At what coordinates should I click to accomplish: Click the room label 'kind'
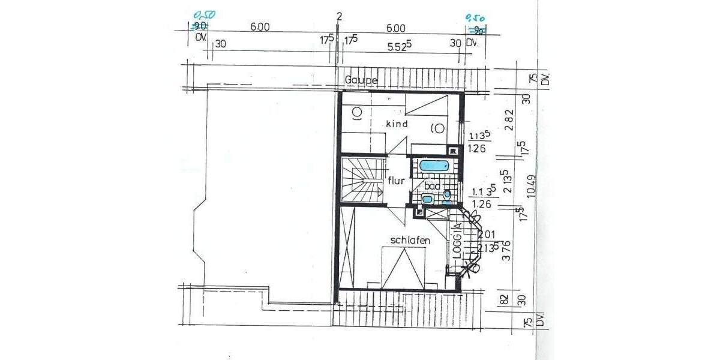(397, 124)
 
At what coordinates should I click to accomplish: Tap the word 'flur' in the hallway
(397, 180)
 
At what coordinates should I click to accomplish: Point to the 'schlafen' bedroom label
(411, 240)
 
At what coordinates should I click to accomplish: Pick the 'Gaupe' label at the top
(361, 80)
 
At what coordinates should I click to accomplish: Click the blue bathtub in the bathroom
(434, 166)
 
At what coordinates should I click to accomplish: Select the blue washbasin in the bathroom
(428, 199)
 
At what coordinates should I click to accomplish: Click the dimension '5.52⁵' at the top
(400, 44)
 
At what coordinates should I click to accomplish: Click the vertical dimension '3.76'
(505, 249)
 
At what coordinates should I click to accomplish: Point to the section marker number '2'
(339, 16)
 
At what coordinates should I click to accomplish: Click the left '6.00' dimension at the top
(260, 27)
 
